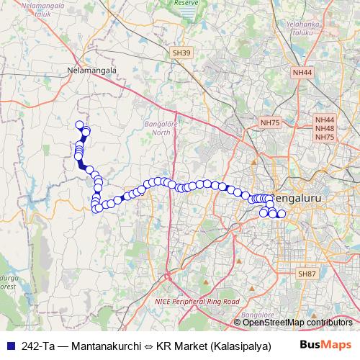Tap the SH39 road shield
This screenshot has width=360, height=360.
point(181,53)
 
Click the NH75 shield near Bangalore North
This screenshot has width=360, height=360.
point(271,123)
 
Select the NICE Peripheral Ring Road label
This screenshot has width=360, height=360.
point(197,301)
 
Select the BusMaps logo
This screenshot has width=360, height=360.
point(325,345)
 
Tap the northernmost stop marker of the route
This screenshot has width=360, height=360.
point(79,125)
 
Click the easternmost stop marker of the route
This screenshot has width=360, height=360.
point(282,215)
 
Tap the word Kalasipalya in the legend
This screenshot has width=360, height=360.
point(240,346)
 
